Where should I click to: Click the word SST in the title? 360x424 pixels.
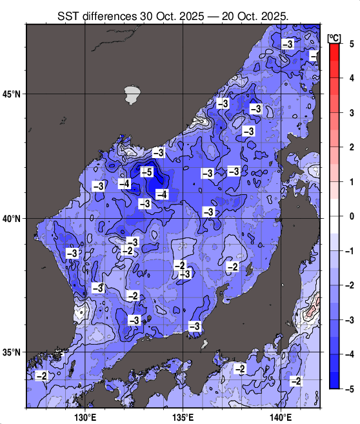[x=68, y=15]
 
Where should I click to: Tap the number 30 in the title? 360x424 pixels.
[x=155, y=15]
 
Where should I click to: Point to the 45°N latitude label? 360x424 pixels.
[x=11, y=94]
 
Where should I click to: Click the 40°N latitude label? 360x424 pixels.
[x=11, y=219]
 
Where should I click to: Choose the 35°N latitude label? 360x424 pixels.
[x=11, y=352]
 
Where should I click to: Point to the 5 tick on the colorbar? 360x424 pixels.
[x=352, y=44]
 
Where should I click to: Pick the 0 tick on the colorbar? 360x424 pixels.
[x=352, y=216]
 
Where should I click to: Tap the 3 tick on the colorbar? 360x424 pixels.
[x=352, y=113]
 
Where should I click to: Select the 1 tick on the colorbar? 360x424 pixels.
[x=352, y=182]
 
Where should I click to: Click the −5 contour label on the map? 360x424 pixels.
[x=146, y=172]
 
